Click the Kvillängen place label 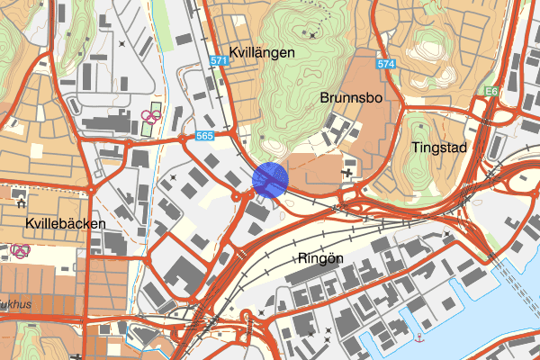pyautogui.click(x=262, y=53)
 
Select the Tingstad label pyautogui.click(x=439, y=147)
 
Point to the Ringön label pyautogui.click(x=320, y=257)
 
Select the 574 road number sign pyautogui.click(x=387, y=65)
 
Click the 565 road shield pyautogui.click(x=205, y=136)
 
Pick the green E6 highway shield pyautogui.click(x=491, y=92)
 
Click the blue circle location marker pyautogui.click(x=270, y=179)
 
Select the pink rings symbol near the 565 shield pyautogui.click(x=150, y=116)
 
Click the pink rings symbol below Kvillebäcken pyautogui.click(x=19, y=249)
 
